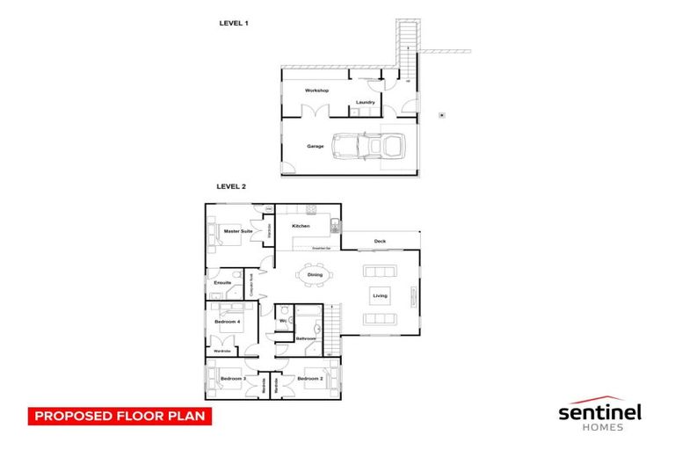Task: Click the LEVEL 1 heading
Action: tap(233, 23)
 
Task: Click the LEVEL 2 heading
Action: tap(231, 186)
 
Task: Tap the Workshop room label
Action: tap(316, 91)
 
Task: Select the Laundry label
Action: tap(366, 103)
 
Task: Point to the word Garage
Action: tap(315, 146)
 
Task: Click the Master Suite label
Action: tap(238, 231)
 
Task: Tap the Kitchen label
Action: tap(301, 227)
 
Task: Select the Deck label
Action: tap(380, 241)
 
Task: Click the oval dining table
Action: tap(315, 275)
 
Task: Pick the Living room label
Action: tap(380, 296)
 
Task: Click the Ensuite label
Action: tap(222, 282)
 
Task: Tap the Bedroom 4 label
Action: tap(227, 322)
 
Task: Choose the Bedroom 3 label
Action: tap(232, 379)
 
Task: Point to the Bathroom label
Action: tap(305, 338)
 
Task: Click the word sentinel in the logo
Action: tap(600, 410)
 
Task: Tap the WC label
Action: tap(283, 322)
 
